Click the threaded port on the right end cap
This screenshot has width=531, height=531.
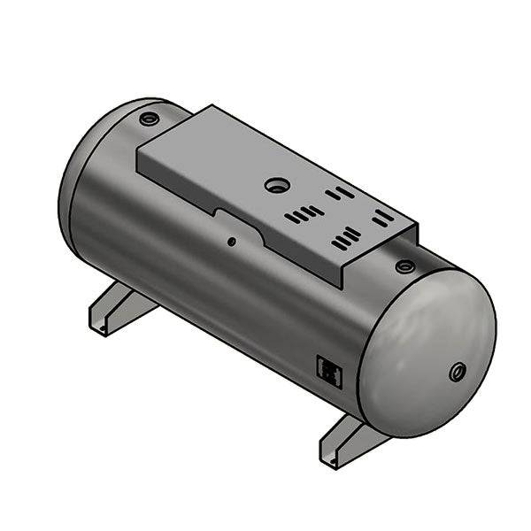(458, 372)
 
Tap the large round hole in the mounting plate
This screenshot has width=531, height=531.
(277, 186)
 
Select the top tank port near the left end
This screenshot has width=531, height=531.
(148, 117)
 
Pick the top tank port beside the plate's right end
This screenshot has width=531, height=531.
(404, 266)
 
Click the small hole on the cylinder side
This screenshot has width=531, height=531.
(231, 241)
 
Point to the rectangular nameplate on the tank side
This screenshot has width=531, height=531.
(328, 371)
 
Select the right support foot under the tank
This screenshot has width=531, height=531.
(347, 443)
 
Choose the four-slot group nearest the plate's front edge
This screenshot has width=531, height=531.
(346, 238)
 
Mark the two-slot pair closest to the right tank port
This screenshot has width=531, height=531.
(383, 216)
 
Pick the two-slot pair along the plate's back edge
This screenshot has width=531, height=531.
(339, 192)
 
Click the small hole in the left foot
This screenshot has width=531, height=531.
(103, 330)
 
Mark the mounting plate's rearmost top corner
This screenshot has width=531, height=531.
(212, 106)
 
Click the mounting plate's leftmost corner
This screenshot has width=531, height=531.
(137, 149)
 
